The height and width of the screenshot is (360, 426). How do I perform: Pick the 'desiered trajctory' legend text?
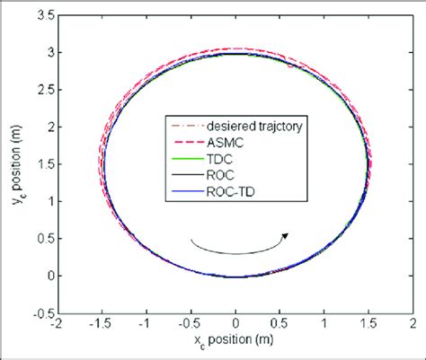pyautogui.click(x=256, y=125)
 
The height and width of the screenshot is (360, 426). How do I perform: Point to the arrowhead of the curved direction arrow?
pyautogui.click(x=286, y=234)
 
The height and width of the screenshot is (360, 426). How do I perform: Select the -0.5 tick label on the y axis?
pyautogui.click(x=37, y=314)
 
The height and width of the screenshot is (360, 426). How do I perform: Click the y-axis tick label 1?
pyautogui.click(x=47, y=210)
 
